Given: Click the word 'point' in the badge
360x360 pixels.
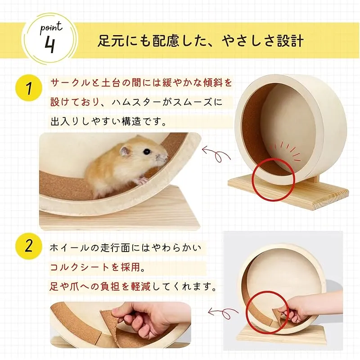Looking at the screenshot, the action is click(x=51, y=28).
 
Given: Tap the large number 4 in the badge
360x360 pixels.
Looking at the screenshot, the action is click(x=50, y=45).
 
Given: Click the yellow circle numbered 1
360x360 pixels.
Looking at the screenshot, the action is click(x=29, y=89).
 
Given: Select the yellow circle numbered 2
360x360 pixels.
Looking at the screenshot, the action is click(x=29, y=246).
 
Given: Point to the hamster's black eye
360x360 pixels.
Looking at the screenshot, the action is click(x=147, y=151).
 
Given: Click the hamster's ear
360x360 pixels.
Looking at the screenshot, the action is click(x=125, y=151).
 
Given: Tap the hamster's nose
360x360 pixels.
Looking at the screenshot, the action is click(x=166, y=157).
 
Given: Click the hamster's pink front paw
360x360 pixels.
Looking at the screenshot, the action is click(x=142, y=181).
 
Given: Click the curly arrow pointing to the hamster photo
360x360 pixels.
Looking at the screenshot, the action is click(x=216, y=153).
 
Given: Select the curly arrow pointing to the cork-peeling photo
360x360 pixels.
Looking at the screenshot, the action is click(x=223, y=313).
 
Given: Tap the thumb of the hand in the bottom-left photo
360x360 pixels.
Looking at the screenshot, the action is click(x=121, y=311).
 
